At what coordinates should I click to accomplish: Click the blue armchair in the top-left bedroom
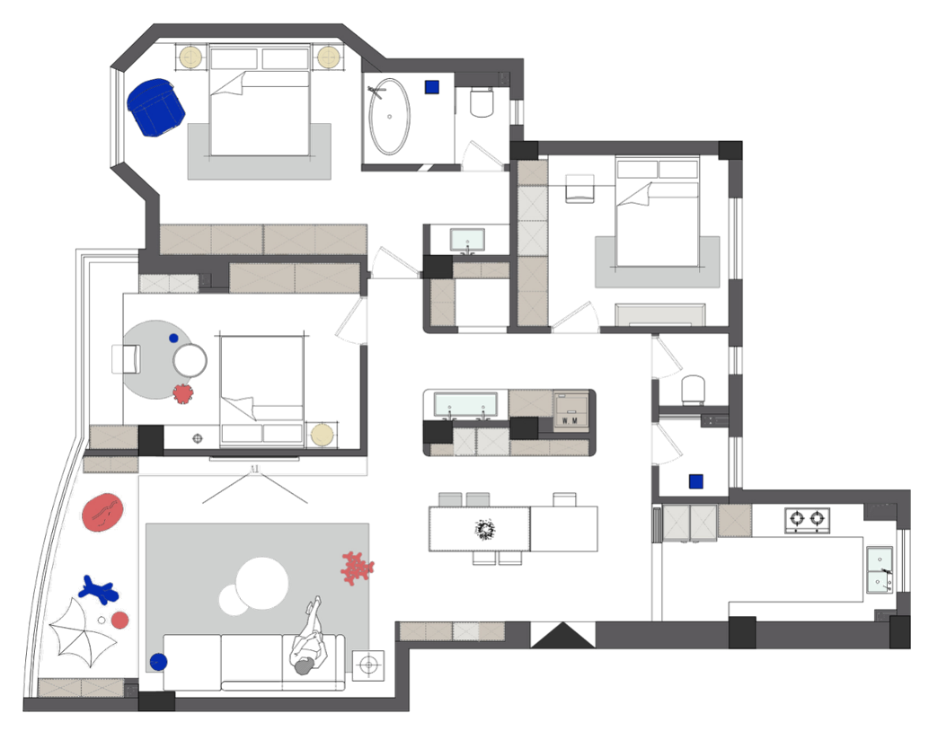[x=156, y=105]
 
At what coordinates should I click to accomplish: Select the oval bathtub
[x=389, y=116]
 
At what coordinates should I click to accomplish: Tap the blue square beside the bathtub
[x=432, y=87]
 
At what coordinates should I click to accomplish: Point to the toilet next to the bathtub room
[x=482, y=103]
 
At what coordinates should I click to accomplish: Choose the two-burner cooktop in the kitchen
[x=806, y=518]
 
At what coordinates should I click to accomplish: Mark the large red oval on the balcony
[x=102, y=512]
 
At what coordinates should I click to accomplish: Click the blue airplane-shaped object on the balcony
[x=98, y=589]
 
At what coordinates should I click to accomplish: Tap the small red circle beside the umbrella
[x=120, y=620]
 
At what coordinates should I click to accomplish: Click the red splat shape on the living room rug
[x=357, y=568]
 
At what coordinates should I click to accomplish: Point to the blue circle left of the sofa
[x=159, y=662]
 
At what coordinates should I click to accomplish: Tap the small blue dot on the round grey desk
[x=174, y=339]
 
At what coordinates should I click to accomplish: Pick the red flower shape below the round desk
[x=182, y=392]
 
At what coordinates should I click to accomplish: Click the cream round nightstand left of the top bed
[x=190, y=57]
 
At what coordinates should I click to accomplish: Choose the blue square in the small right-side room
[x=696, y=482]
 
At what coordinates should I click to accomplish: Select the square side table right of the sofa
[x=367, y=665]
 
